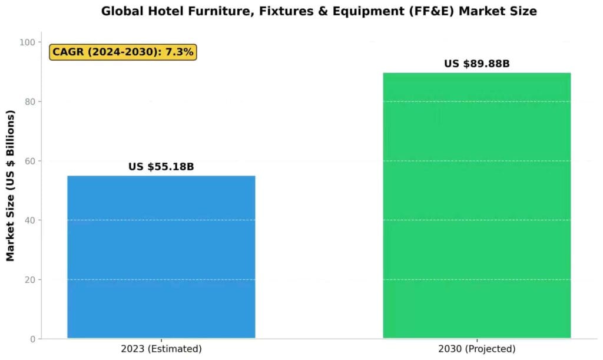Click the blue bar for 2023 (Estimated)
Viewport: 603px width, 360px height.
[x=161, y=257]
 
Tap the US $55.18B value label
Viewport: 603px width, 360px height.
[x=161, y=167]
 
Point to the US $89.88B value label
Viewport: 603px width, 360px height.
[x=476, y=64]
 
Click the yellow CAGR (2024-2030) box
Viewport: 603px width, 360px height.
[x=122, y=52]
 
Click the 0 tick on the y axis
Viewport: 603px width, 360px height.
[x=31, y=339]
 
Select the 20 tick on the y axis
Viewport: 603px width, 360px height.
[x=28, y=279]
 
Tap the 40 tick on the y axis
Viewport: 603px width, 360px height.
[x=28, y=220]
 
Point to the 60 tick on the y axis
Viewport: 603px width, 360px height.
[x=28, y=161]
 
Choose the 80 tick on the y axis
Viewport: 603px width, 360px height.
[x=28, y=101]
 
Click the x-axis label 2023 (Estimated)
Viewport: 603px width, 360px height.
[x=161, y=349]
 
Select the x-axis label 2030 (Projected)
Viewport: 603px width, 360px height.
[x=476, y=349]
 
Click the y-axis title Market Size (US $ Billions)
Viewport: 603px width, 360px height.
[x=11, y=186]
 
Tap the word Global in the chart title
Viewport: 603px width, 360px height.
[x=121, y=11]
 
